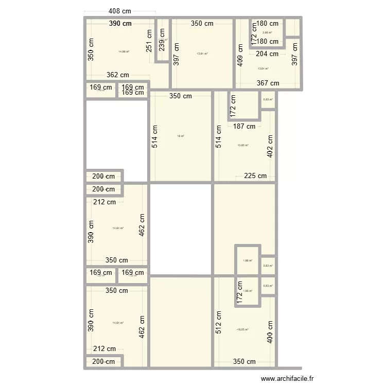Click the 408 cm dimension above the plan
pos(120,11)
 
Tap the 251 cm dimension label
pos(149,41)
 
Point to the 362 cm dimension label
pos(118,75)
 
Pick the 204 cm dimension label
pos(267,54)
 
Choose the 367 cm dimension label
pos(268,83)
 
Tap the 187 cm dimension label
pos(244,126)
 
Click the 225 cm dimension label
pos(255,176)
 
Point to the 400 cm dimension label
pos(270,332)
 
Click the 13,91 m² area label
pos(202,54)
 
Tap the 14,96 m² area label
pos(124,51)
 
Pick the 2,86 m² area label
pos(267,32)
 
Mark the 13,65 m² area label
pos(243,145)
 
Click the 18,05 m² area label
pos(242,329)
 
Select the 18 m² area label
pos(181,136)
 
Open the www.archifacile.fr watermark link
pos(288,378)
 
